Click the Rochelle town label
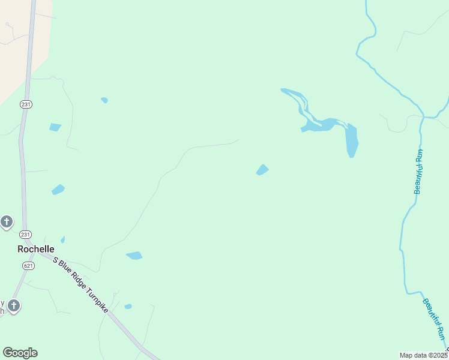[36, 248]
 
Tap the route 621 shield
[28, 265]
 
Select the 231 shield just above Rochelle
[25, 234]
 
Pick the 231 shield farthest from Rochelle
[26, 104]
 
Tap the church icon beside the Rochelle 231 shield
[7, 222]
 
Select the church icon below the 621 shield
[14, 306]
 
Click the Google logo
[20, 353]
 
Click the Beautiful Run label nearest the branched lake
[418, 172]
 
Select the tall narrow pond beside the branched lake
[352, 140]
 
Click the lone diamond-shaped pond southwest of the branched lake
[262, 170]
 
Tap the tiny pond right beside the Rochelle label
[62, 239]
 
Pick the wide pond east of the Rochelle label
[134, 256]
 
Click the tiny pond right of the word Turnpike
[128, 307]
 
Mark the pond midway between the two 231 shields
[58, 190]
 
